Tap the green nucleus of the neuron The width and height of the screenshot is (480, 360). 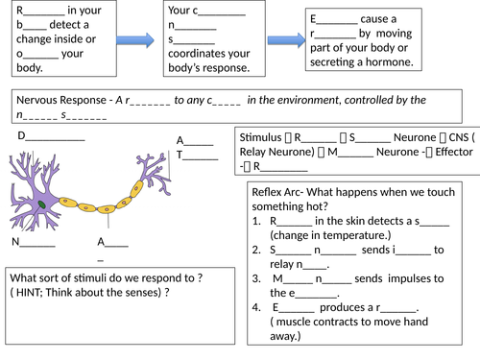(42, 204)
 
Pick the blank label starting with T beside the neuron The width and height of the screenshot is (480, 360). (195, 155)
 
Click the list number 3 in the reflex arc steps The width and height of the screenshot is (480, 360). (256, 277)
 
